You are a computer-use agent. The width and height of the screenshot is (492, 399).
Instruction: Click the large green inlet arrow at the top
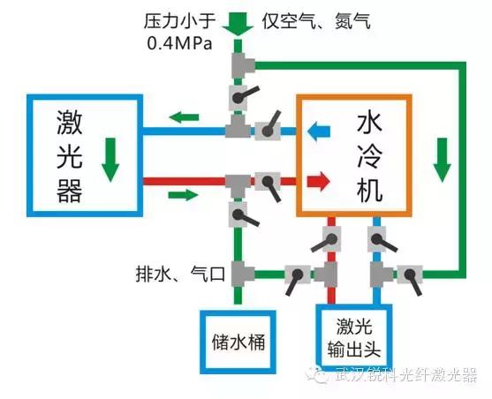click(x=238, y=24)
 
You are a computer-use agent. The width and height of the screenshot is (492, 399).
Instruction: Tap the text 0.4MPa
click(x=180, y=43)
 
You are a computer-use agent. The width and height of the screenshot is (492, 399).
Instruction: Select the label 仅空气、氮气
click(x=316, y=21)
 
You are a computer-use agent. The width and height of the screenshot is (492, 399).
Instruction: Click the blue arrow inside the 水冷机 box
click(x=319, y=131)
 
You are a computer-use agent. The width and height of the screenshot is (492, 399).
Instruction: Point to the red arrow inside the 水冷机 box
click(x=319, y=181)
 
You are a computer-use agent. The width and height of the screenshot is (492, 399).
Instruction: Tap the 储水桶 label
click(x=238, y=342)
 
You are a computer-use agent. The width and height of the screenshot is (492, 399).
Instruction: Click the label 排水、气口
click(x=180, y=275)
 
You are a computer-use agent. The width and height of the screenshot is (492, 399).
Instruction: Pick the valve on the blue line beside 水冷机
click(x=269, y=129)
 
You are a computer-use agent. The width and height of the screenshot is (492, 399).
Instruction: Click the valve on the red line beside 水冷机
click(x=269, y=185)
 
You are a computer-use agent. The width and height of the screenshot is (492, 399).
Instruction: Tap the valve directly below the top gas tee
click(x=240, y=96)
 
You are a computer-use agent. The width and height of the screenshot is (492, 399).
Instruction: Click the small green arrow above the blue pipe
click(x=184, y=117)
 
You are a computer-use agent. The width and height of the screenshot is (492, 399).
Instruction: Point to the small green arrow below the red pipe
click(x=183, y=195)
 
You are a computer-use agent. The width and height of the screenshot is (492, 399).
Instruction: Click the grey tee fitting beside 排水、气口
click(x=242, y=274)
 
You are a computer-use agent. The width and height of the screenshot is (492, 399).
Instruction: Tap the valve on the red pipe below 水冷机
click(x=328, y=241)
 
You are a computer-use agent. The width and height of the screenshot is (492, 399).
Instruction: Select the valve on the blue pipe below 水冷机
click(x=381, y=240)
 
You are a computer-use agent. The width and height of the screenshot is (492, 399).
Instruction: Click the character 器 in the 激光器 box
click(x=70, y=191)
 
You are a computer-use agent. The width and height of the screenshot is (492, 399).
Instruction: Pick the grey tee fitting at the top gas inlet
click(x=242, y=65)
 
